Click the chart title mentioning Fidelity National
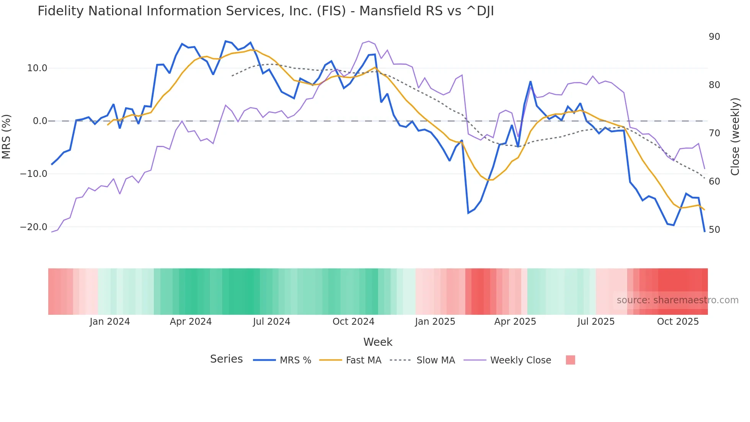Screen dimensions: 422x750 click(x=266, y=11)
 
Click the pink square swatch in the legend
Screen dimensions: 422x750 click(x=570, y=360)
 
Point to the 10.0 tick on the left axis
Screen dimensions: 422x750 click(x=37, y=68)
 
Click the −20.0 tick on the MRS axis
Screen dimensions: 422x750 click(x=34, y=227)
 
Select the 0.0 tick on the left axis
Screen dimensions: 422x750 click(x=40, y=121)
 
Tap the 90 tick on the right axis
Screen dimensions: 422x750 click(x=714, y=37)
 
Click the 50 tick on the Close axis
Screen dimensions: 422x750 click(x=714, y=230)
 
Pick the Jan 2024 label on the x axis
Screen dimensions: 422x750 click(x=110, y=322)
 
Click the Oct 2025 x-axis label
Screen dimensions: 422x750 click(x=678, y=322)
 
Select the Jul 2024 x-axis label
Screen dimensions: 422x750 click(x=271, y=322)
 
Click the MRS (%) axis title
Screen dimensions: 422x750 click(x=7, y=137)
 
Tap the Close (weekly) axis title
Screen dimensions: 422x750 click(x=735, y=137)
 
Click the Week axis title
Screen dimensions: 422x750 click(x=378, y=342)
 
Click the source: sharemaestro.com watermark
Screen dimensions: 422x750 click(x=677, y=300)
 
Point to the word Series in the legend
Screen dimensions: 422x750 click(x=226, y=359)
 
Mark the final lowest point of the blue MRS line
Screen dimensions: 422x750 click(x=704, y=231)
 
